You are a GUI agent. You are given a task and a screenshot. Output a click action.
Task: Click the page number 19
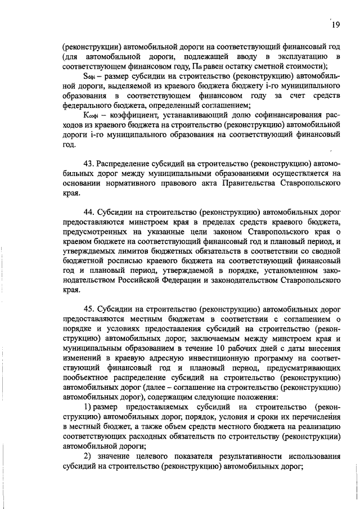(x=336, y=24)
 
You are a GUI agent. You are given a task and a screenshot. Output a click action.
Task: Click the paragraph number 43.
(x=89, y=163)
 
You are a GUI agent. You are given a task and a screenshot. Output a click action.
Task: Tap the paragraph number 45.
(x=89, y=309)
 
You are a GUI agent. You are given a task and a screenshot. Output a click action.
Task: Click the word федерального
(x=88, y=105)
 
